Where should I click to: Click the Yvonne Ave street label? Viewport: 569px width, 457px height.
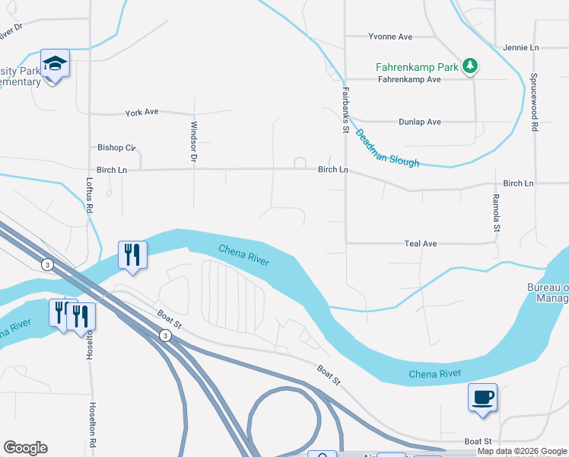coord(389,36)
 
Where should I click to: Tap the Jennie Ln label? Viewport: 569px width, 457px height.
coord(520,47)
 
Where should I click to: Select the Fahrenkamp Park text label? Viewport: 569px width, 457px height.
coord(418,67)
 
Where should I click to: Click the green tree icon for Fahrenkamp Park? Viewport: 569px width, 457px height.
coord(470,66)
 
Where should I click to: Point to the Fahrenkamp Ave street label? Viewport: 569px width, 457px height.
coord(409,79)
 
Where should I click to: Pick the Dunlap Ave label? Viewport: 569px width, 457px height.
coord(419,122)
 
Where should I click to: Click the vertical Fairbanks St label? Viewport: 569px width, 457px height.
coord(345,110)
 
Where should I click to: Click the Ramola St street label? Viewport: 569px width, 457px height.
coord(496,213)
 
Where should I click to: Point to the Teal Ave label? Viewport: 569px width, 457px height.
coord(421,244)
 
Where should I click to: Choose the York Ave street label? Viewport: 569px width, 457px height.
coord(141,112)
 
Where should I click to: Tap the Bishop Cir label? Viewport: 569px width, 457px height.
coord(116,147)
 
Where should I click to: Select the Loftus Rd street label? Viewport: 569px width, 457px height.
coord(90,197)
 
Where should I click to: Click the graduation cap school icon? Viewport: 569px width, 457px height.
coord(54,63)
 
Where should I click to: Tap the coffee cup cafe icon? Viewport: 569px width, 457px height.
coord(482,397)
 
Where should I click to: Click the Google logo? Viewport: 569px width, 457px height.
coord(25,448)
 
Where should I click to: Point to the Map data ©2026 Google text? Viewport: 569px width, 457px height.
coord(522,452)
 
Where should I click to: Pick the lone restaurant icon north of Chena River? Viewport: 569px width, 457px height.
coord(132,254)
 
